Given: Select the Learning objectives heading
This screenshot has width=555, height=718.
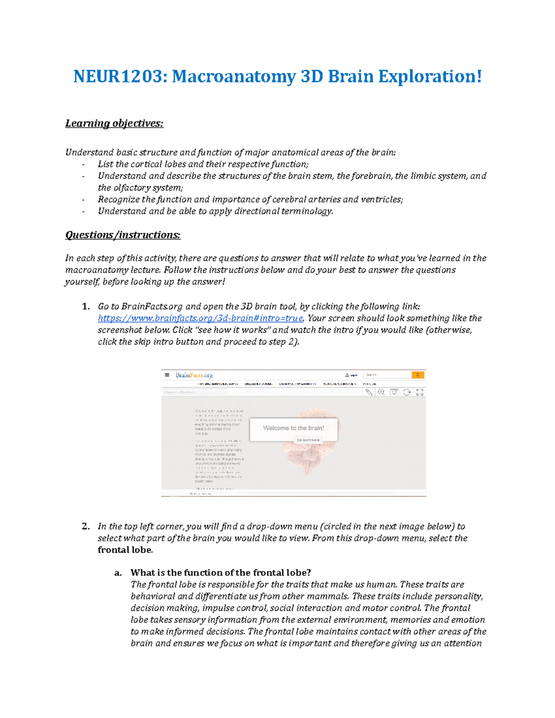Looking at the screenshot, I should click(114, 123).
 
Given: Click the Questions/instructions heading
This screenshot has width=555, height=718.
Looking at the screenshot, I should click(123, 235).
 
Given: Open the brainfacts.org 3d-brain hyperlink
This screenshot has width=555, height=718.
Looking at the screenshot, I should click(200, 319).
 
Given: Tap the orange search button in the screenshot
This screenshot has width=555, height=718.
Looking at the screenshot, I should click(418, 375).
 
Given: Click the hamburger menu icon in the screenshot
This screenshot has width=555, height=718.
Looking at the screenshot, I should click(167, 375).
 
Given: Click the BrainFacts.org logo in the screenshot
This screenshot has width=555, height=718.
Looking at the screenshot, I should click(194, 375).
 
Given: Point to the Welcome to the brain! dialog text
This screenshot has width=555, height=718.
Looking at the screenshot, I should click(293, 428).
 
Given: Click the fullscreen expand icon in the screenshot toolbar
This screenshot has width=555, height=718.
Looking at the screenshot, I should click(419, 392).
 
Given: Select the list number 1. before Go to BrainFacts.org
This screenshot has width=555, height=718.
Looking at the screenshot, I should click(86, 307).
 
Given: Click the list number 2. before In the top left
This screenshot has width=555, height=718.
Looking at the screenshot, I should click(86, 527).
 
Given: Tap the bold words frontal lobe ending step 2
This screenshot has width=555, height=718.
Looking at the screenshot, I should click(125, 550).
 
